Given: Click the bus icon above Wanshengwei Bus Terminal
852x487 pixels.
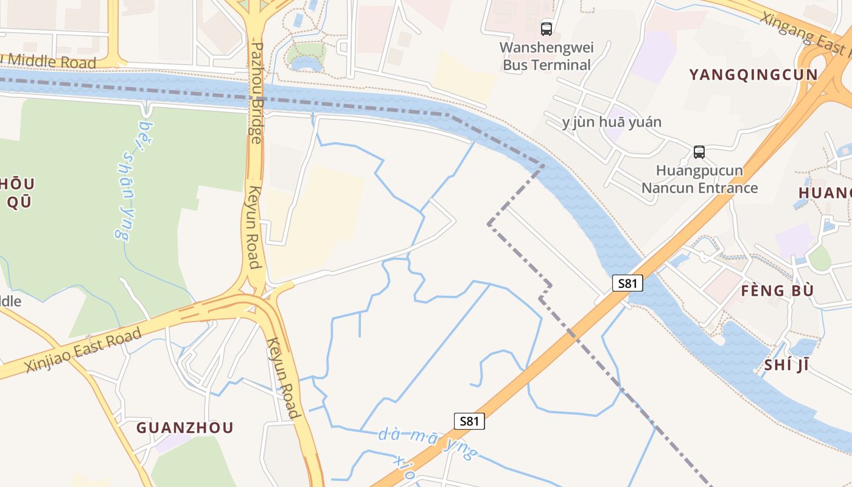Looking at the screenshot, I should (x=546, y=28).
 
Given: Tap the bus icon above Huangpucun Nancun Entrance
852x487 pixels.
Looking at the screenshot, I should (x=699, y=152).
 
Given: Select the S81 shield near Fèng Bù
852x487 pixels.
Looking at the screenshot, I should (x=627, y=283).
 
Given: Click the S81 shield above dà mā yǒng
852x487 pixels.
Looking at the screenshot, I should (x=469, y=421).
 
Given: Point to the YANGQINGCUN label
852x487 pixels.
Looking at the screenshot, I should (x=753, y=75).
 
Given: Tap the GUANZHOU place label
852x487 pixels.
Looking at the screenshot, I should (x=185, y=427).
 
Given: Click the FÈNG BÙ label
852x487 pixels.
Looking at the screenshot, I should (x=777, y=290).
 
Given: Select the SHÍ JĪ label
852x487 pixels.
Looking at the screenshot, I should (x=786, y=365).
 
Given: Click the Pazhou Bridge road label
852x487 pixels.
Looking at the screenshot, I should (x=256, y=93).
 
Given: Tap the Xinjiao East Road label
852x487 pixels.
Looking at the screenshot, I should (x=84, y=350).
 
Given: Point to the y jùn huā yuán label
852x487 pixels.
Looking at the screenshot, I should (x=612, y=122).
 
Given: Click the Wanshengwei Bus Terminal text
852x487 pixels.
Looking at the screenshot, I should (x=546, y=56).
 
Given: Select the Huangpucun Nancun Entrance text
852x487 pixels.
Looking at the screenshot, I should (x=699, y=179).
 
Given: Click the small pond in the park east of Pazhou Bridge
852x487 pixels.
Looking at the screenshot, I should (x=306, y=63).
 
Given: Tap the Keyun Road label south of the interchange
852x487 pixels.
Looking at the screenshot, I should (x=284, y=378).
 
